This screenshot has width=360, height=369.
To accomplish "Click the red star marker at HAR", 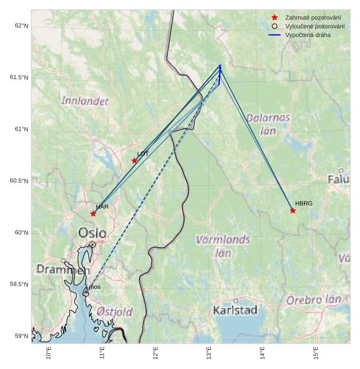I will pyautogui.click(x=93, y=213).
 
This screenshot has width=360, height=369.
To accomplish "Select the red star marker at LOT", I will pyautogui.click(x=134, y=160).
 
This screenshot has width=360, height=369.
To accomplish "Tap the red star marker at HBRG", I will pyautogui.click(x=293, y=210).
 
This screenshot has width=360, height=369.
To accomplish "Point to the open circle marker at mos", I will pyautogui.click(x=86, y=293).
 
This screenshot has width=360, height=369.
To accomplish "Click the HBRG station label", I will pyautogui.click(x=304, y=204).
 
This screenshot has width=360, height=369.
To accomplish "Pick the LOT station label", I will pyautogui.click(x=143, y=154).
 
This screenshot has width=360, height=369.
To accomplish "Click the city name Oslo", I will pyautogui.click(x=93, y=234).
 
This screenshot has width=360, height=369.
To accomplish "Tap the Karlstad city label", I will pyautogui.click(x=235, y=310).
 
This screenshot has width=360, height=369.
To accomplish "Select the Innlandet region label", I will pyautogui.click(x=85, y=101).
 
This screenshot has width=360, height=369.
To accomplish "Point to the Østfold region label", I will pyautogui.click(x=115, y=312).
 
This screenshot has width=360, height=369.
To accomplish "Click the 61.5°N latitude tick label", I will pyautogui.click(x=19, y=77).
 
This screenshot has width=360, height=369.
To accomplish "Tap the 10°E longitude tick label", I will pyautogui.click(x=49, y=353).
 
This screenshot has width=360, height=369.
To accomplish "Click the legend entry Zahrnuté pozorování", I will pyautogui.click(x=309, y=17).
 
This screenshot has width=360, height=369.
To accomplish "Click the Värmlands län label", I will pyautogui.click(x=223, y=245).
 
